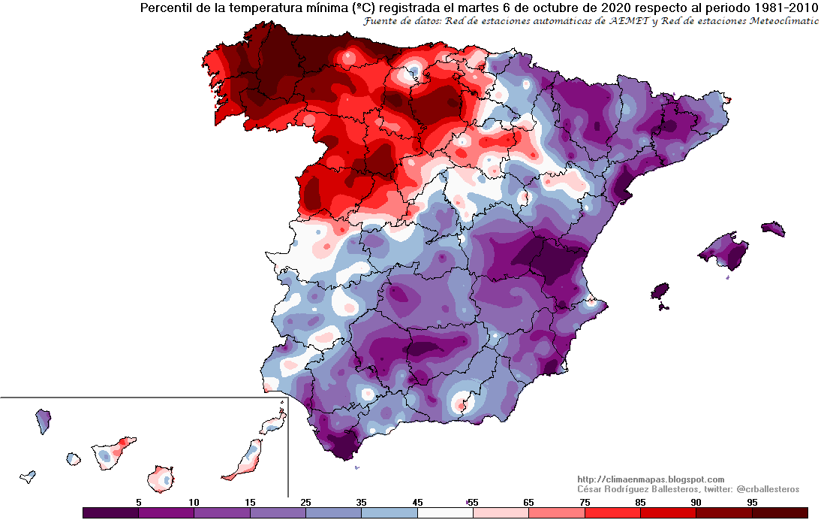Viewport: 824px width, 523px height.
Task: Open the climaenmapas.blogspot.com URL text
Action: (651, 479)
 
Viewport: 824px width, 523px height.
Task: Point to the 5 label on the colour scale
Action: (139, 502)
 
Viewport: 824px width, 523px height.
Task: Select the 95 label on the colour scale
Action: (751, 502)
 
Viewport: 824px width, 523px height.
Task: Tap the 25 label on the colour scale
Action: (306, 502)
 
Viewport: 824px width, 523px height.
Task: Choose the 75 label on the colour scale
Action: (585, 502)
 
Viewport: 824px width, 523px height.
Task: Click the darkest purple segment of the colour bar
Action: (110, 512)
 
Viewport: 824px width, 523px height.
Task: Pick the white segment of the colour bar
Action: (445, 512)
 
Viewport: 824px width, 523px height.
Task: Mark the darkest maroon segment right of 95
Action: (780, 512)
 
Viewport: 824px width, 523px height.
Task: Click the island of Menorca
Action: (772, 228)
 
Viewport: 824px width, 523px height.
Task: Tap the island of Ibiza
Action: (659, 290)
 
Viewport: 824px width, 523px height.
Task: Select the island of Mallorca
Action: (724, 251)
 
